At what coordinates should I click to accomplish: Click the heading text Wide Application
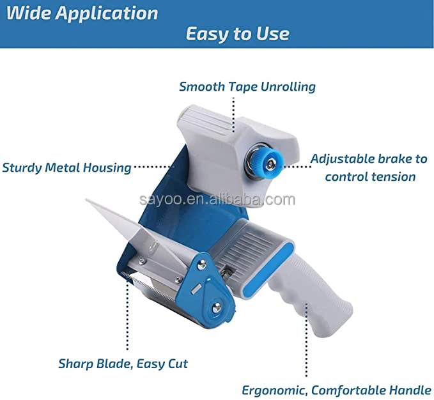point(81,13)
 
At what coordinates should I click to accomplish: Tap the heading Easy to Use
point(237,34)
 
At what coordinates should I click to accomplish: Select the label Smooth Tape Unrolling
point(247,86)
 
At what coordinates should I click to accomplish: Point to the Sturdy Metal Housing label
point(66,168)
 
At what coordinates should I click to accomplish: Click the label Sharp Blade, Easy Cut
point(123,364)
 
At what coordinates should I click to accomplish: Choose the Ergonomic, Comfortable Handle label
point(336,389)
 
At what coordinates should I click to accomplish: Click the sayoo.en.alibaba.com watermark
point(217,199)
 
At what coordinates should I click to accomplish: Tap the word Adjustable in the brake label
point(342,158)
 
